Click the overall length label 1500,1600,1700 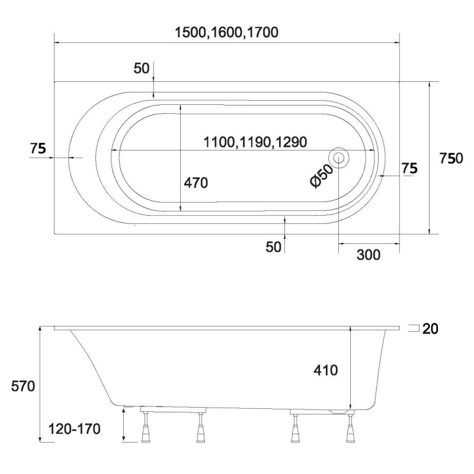(226, 33)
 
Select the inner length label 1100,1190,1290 (255, 142)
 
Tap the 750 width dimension (451, 158)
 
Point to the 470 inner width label (196, 183)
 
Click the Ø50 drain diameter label (322, 176)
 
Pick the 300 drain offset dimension (369, 255)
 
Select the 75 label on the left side (38, 149)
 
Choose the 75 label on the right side (409, 168)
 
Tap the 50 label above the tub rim (142, 68)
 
